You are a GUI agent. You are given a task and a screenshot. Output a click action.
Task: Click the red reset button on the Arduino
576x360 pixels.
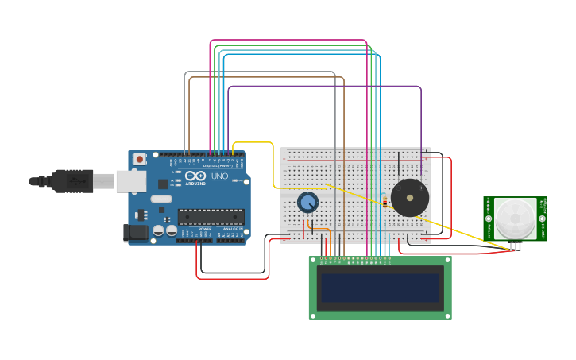point(140,159)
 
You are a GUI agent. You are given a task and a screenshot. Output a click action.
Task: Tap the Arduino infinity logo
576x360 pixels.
point(195,176)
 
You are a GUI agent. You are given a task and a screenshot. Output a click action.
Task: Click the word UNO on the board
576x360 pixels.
point(220,176)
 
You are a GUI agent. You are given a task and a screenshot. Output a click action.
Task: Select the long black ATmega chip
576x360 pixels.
point(211,216)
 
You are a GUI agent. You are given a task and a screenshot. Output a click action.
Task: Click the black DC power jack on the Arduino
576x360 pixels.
point(136,232)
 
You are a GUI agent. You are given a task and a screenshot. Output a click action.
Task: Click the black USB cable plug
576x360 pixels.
point(72,181)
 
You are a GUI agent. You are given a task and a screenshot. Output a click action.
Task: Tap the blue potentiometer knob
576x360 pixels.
point(307,202)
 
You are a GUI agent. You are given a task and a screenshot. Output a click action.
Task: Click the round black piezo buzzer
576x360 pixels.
point(410,198)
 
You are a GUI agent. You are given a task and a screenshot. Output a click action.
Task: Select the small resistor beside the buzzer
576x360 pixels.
point(385,202)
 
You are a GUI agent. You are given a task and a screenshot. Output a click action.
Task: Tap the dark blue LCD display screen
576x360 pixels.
point(380,288)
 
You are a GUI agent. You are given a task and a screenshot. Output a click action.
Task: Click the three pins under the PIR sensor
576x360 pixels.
point(516,246)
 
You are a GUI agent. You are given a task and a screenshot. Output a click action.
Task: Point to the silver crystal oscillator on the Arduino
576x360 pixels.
point(161,199)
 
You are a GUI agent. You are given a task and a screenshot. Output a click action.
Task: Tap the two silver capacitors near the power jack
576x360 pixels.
point(164,230)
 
